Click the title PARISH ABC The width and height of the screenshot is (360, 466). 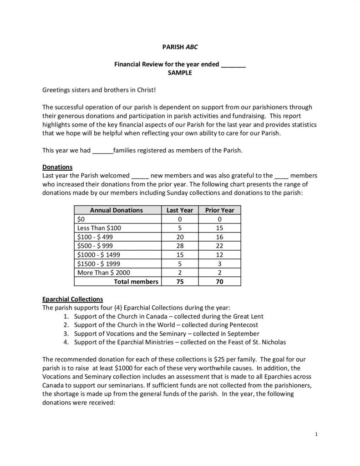pos(180,47)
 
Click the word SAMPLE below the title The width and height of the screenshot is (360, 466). pos(180,72)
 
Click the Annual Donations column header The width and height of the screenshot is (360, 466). pos(117,210)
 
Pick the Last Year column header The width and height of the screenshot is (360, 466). pos(180,210)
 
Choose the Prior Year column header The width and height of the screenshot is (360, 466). pos(219,210)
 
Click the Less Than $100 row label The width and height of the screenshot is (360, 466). pos(100,228)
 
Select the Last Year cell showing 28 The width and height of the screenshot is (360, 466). pos(180,246)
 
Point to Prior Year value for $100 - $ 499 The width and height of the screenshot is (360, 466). pos(219,237)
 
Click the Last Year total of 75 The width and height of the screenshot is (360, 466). pos(180,282)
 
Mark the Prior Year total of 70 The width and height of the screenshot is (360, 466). pos(219,282)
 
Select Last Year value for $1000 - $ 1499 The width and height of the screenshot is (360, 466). pos(180,255)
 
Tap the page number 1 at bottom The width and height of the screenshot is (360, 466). pos(316,435)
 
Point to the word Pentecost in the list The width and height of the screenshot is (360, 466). pos(243,325)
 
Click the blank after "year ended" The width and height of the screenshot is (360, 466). pos(233,64)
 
